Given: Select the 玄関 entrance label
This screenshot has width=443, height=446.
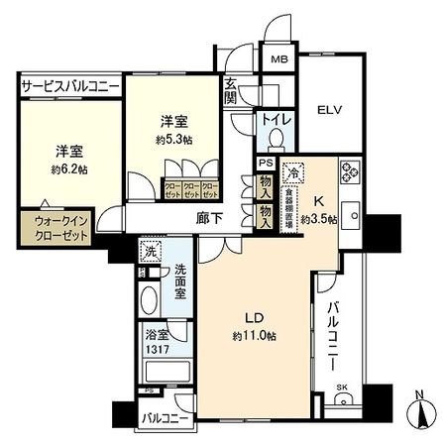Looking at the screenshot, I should pos(230,91).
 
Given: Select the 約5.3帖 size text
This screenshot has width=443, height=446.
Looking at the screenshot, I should pos(175,139).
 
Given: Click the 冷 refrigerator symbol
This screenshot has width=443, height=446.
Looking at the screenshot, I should pos(294,171).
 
